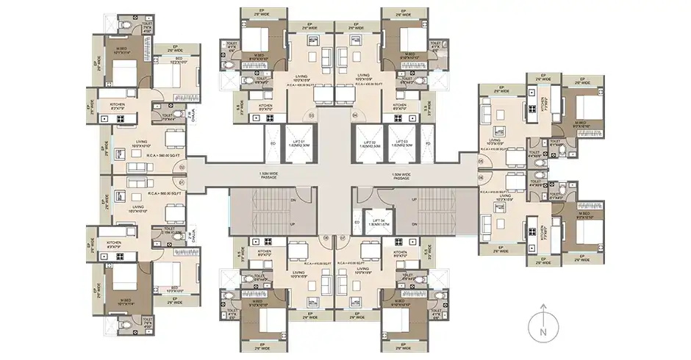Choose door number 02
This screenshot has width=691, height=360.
181,167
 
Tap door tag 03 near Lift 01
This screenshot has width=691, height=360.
311,115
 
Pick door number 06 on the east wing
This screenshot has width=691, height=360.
480,177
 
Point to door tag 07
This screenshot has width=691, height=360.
326,237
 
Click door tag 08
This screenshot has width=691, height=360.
341,237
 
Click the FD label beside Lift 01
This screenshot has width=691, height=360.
273,143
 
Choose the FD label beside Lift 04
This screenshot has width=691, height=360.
357,221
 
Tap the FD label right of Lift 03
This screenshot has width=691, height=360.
427,143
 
